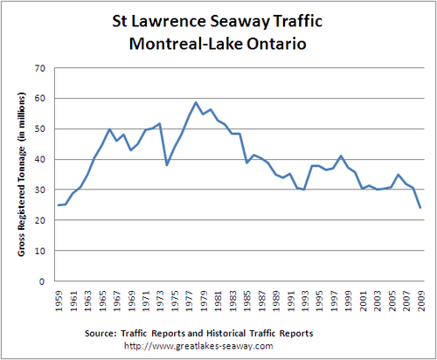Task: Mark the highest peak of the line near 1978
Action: click(196, 102)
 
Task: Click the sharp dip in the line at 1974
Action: click(166, 165)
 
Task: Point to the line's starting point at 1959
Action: click(59, 205)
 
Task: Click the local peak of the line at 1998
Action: click(340, 156)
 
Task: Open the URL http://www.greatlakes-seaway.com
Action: click(218, 346)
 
